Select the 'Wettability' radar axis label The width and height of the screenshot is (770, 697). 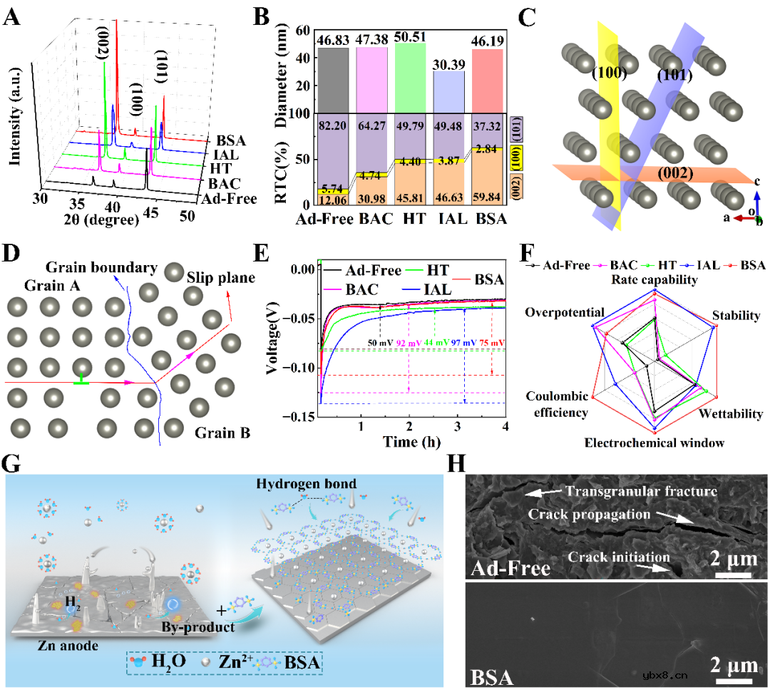click(731, 414)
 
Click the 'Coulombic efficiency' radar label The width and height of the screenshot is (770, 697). click(557, 404)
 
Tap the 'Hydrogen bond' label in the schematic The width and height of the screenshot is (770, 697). click(317, 484)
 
